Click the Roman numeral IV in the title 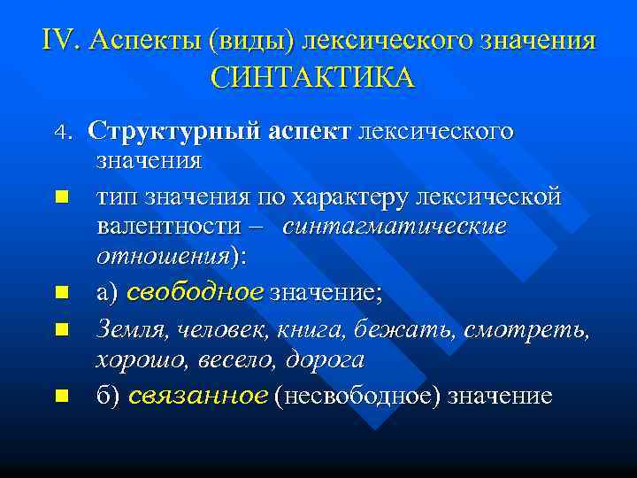tap(59, 40)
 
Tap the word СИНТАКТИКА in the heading tap(312, 77)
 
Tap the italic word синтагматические tap(395, 226)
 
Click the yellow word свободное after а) tap(196, 291)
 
